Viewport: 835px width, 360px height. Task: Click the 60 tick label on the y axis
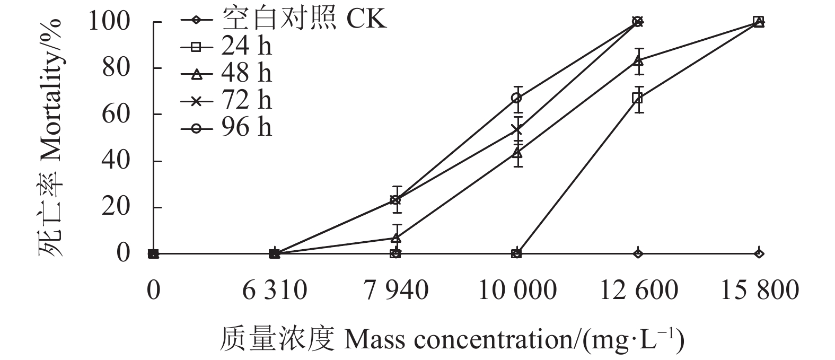click(x=116, y=115)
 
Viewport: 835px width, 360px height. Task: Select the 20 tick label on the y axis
click(x=116, y=207)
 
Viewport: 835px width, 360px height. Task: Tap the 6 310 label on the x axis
click(x=275, y=291)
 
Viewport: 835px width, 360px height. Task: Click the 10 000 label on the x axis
click(x=517, y=291)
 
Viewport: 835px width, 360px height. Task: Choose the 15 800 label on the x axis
click(x=759, y=291)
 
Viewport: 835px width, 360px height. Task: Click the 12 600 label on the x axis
click(x=638, y=291)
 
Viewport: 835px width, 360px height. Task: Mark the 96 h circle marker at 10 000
click(x=517, y=98)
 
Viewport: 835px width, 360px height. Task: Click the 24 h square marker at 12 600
click(x=638, y=98)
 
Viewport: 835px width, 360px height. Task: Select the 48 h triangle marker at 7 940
click(x=395, y=238)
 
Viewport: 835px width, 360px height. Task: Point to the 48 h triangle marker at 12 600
click(x=638, y=61)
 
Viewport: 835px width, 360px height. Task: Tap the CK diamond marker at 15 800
click(x=759, y=253)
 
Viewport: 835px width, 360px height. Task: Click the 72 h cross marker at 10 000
click(x=517, y=130)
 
